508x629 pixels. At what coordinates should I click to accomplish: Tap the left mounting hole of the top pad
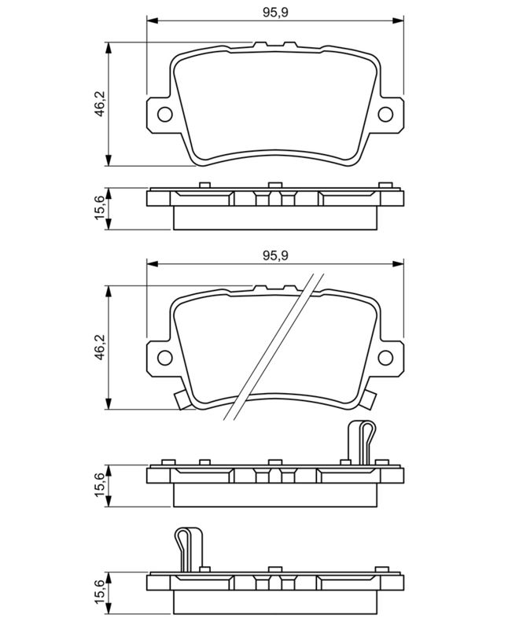click(164, 115)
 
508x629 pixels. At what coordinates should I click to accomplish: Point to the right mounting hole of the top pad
click(385, 115)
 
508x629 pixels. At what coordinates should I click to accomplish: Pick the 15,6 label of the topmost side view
click(99, 209)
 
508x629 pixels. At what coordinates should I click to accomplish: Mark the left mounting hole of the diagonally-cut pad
click(164, 358)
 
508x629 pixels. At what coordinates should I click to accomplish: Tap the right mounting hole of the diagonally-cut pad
click(385, 358)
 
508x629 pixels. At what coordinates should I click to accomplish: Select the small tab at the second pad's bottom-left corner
click(182, 403)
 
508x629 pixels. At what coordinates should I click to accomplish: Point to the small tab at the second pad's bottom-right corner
click(368, 403)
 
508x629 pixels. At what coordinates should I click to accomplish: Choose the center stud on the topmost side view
click(274, 186)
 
